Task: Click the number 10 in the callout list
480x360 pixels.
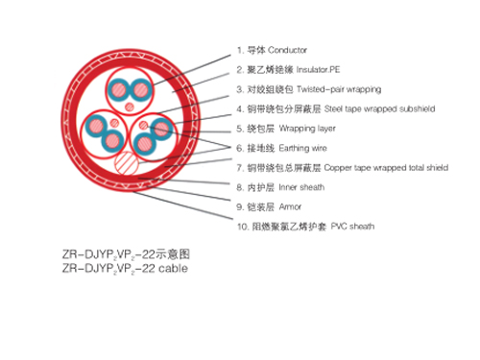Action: tap(241, 227)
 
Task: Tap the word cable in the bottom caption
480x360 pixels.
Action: tap(170, 269)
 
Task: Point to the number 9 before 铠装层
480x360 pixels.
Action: tap(239, 206)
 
